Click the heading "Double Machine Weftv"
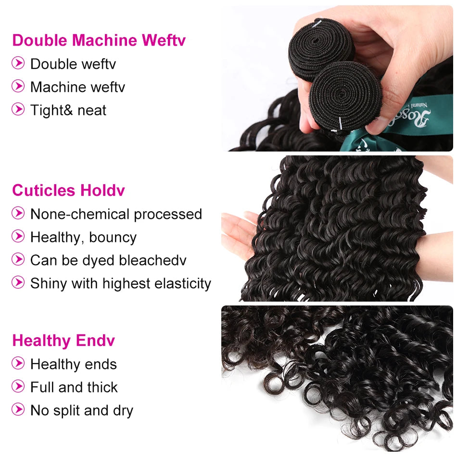pyautogui.click(x=99, y=40)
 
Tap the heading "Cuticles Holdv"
pyautogui.click(x=68, y=190)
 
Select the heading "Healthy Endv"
pyautogui.click(x=63, y=341)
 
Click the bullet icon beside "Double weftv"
pyautogui.click(x=18, y=63)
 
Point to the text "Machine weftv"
pyautogui.click(x=77, y=87)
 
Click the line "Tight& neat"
pyautogui.click(x=68, y=110)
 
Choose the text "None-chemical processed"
pyautogui.click(x=116, y=214)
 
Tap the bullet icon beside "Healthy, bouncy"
pyautogui.click(x=18, y=236)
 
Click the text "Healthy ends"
pyautogui.click(x=74, y=364)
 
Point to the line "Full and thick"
pyautogui.click(x=74, y=387)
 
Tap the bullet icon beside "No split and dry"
pyautogui.click(x=18, y=409)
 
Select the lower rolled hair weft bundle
pyautogui.click(x=345, y=95)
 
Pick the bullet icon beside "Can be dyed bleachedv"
pyautogui.click(x=18, y=259)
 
